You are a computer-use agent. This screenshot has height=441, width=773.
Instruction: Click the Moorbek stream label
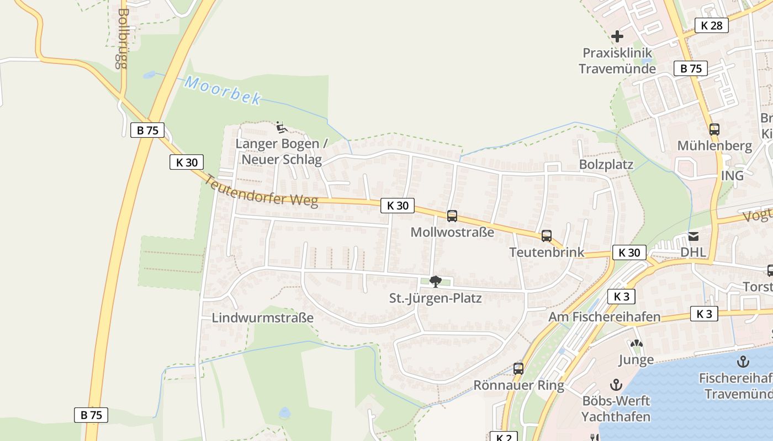[223, 91]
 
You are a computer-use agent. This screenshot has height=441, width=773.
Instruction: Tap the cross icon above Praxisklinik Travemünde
[617, 37]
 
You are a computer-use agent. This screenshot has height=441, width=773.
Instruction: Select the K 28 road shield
[711, 25]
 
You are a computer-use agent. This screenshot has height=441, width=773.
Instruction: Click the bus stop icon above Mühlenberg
[714, 130]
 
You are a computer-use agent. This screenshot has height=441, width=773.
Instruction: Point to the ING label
[732, 175]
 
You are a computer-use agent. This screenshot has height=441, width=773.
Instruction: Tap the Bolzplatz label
[606, 165]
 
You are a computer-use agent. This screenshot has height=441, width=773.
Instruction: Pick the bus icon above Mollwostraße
[452, 216]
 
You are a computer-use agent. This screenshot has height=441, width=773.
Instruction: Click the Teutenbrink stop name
[546, 252]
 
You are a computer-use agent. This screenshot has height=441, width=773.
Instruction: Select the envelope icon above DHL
[693, 236]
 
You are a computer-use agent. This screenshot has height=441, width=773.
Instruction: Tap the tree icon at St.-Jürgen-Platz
[435, 282]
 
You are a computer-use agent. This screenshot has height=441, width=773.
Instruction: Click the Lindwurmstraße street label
[262, 318]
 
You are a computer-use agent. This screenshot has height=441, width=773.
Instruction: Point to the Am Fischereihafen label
[604, 317]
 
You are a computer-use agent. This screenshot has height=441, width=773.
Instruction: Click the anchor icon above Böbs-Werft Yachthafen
[616, 385]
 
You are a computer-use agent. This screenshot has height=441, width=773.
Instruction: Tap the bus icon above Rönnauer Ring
[518, 369]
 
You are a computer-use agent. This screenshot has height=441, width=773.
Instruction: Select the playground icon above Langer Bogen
[282, 127]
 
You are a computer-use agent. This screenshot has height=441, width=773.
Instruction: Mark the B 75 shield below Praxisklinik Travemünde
[691, 68]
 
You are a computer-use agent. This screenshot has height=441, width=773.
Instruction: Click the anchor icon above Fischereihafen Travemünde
[743, 362]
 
